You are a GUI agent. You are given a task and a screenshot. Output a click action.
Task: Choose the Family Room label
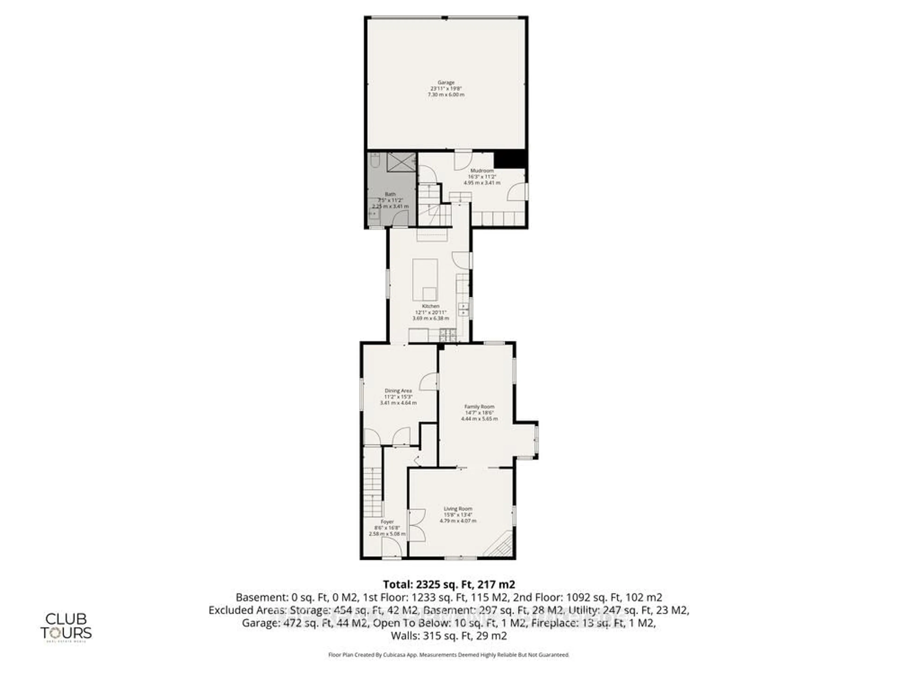click(x=479, y=406)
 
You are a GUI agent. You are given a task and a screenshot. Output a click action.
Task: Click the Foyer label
click(x=387, y=522)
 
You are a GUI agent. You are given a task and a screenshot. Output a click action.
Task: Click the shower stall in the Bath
click(x=401, y=162)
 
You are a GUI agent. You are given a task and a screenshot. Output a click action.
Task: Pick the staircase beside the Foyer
click(x=373, y=491)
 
